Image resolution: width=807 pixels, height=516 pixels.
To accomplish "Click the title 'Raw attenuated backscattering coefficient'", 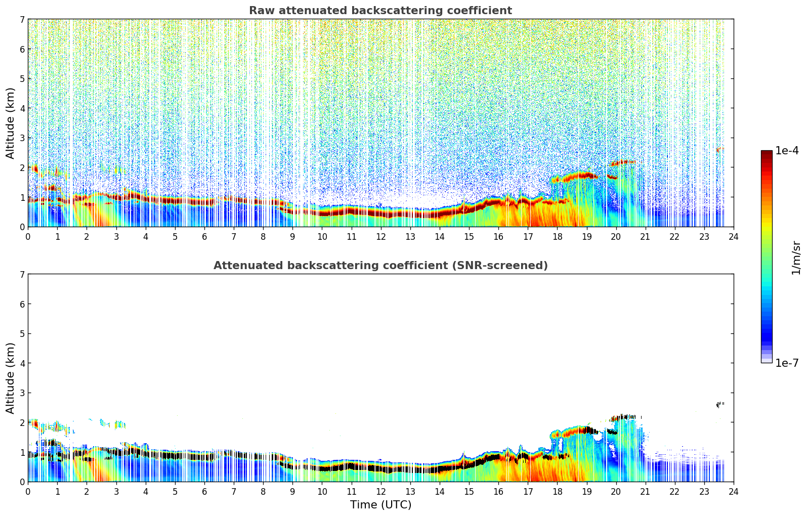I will [x=380, y=11].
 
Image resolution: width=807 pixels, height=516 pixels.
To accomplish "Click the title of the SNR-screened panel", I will [x=380, y=266].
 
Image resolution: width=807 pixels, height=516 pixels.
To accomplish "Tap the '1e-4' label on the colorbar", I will [x=787, y=151].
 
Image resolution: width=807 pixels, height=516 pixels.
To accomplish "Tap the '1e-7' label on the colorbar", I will [x=787, y=363].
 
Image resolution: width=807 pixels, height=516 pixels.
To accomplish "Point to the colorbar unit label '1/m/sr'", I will [x=796, y=257].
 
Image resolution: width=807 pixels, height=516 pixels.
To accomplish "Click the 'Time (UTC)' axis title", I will [x=380, y=505].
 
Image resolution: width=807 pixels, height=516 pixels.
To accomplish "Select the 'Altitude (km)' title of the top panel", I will [x=11, y=123].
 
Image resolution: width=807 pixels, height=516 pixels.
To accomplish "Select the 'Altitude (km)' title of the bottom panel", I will [x=11, y=378].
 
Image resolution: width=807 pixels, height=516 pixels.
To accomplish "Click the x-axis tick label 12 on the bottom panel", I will [x=380, y=492].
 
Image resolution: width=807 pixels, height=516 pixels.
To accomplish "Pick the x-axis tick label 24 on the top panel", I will [x=733, y=237].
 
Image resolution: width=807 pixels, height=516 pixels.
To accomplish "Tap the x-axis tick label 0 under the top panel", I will [x=28, y=237].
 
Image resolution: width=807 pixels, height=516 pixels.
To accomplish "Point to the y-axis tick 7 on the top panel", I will [x=22, y=19].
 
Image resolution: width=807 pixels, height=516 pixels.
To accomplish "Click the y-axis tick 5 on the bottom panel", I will [x=22, y=333].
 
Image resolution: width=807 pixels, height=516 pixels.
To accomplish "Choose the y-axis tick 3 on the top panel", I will [x=22, y=138].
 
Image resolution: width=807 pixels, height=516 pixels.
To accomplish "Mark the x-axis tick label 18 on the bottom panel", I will [x=557, y=492].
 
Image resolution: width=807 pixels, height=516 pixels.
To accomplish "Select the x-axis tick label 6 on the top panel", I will [x=204, y=237].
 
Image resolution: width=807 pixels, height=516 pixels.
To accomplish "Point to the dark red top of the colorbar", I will [x=766, y=153].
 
